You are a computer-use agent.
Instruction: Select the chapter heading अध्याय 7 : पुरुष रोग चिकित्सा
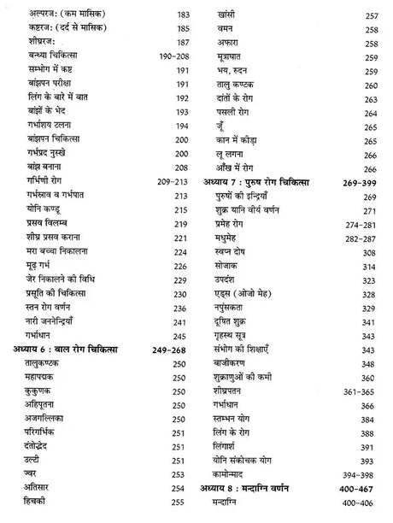click(x=255, y=183)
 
